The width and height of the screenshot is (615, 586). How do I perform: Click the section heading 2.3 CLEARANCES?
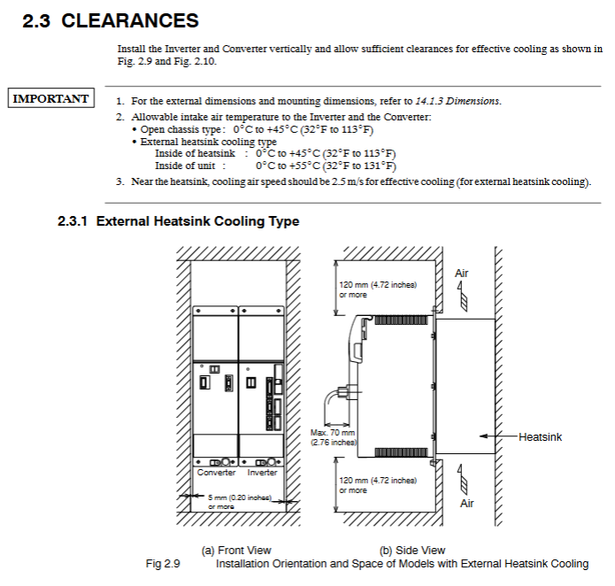(111, 20)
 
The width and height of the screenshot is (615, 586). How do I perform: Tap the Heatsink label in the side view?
(540, 436)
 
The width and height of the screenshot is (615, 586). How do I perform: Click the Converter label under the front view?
(216, 473)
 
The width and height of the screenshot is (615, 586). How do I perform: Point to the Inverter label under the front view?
(262, 473)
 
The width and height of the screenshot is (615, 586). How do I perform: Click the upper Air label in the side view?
(461, 274)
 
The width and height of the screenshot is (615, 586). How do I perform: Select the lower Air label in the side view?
(466, 503)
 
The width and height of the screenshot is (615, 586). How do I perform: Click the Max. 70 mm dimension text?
(333, 437)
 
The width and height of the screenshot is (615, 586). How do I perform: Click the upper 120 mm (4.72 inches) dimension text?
(378, 289)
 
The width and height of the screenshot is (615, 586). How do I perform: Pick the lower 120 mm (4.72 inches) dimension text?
(378, 484)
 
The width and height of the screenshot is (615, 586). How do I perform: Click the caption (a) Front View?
(237, 551)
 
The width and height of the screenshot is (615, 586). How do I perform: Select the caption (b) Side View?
(411, 551)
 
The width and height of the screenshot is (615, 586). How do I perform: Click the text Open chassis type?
(176, 129)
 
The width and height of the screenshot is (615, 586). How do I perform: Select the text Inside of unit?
(183, 166)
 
